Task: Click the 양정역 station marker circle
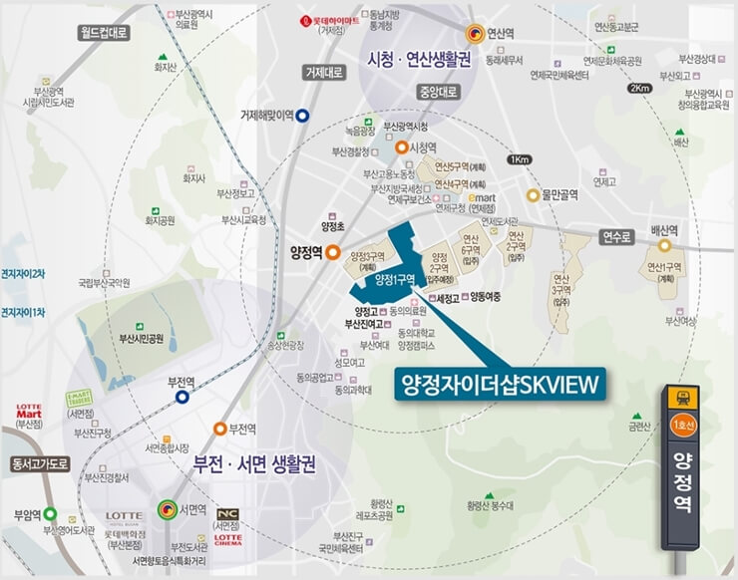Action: point(332,253)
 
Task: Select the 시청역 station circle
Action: point(401,147)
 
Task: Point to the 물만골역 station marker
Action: point(534,195)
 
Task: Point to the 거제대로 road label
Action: point(323,72)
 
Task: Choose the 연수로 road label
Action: point(615,237)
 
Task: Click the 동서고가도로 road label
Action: point(39,464)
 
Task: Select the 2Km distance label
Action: point(639,88)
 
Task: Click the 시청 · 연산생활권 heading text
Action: point(419,58)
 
